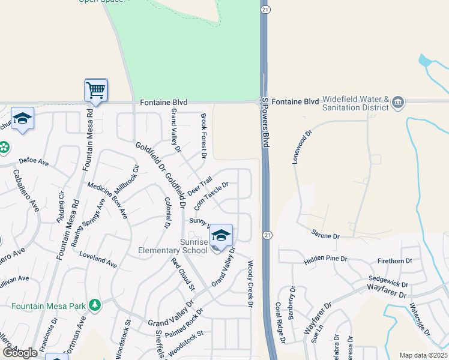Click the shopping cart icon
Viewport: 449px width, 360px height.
[x=96, y=91]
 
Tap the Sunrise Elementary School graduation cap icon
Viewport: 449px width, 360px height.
[x=221, y=235]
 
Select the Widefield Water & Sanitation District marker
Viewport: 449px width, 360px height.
[x=397, y=103]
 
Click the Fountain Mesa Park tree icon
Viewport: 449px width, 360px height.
[x=94, y=305]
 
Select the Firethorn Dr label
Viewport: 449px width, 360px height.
[x=394, y=261]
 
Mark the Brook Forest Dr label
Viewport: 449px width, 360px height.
[x=203, y=136]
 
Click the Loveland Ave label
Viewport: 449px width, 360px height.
[x=98, y=259]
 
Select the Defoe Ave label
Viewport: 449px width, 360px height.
[x=34, y=161]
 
